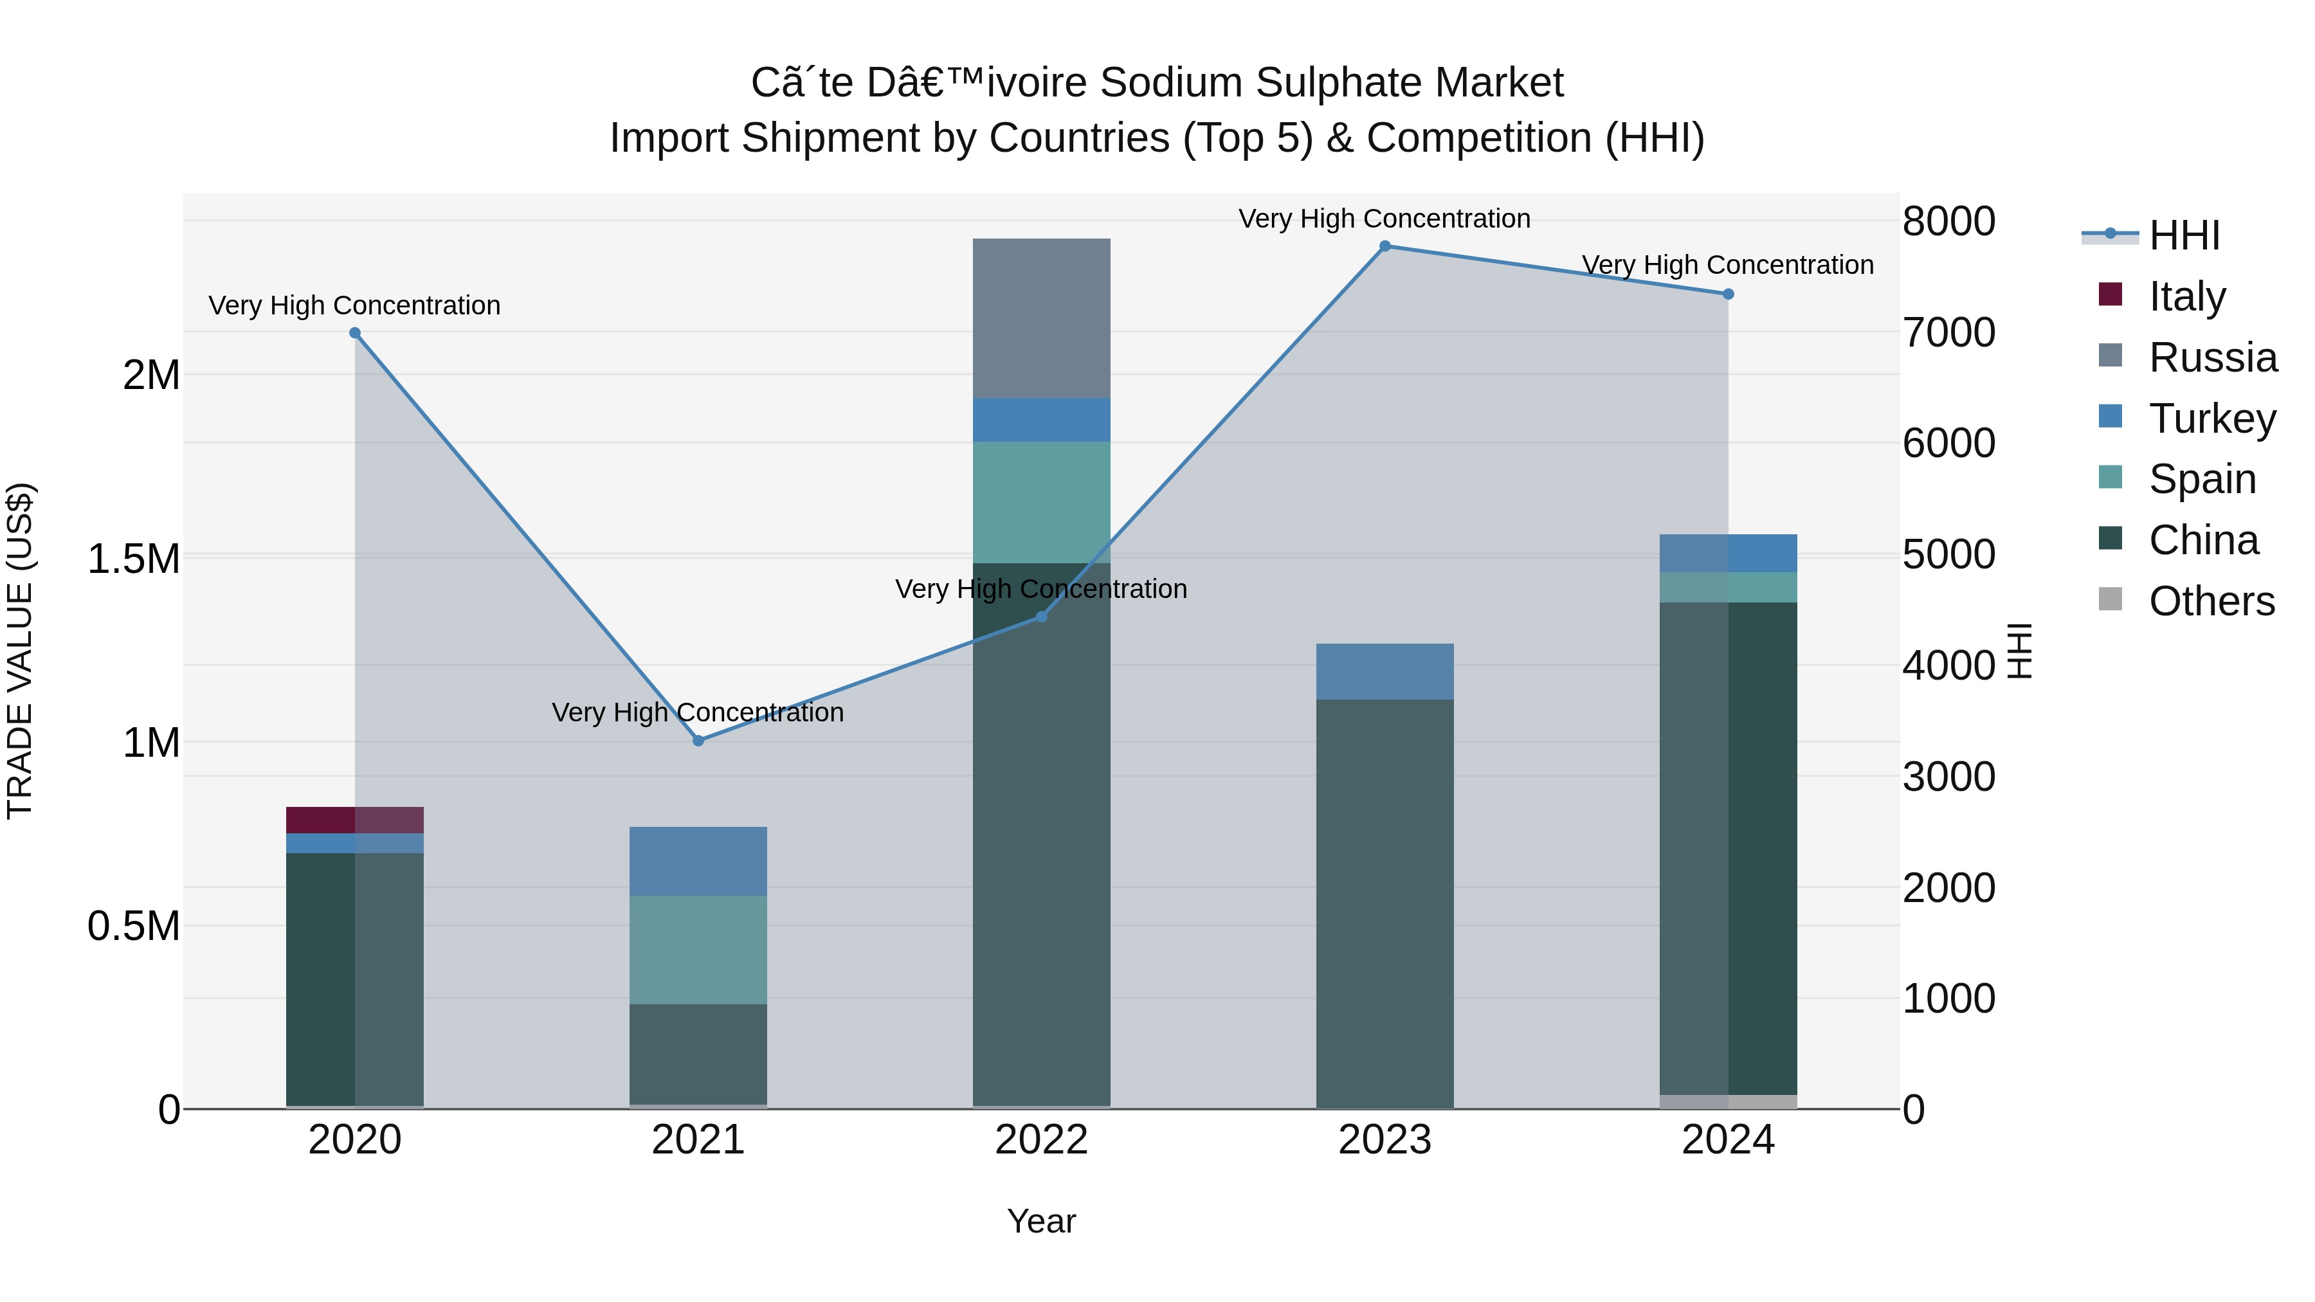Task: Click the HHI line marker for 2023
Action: (x=1385, y=246)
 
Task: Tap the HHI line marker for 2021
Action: (x=698, y=741)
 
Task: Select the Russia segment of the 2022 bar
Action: (x=1042, y=318)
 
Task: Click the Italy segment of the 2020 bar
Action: (x=355, y=820)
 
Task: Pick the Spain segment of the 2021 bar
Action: (x=698, y=949)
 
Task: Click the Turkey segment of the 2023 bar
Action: (x=1385, y=671)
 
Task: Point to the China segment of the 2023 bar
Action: (x=1385, y=903)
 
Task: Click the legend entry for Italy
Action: (x=2186, y=296)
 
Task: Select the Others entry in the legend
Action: (x=2211, y=601)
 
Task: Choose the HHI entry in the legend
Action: (x=2184, y=235)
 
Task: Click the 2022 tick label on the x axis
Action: (x=1042, y=1140)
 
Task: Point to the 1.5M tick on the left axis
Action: (x=133, y=559)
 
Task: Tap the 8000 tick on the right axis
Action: (x=1948, y=221)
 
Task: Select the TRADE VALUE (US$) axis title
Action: (x=20, y=651)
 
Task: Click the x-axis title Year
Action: (x=1042, y=1221)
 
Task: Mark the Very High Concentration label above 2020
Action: (x=355, y=305)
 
